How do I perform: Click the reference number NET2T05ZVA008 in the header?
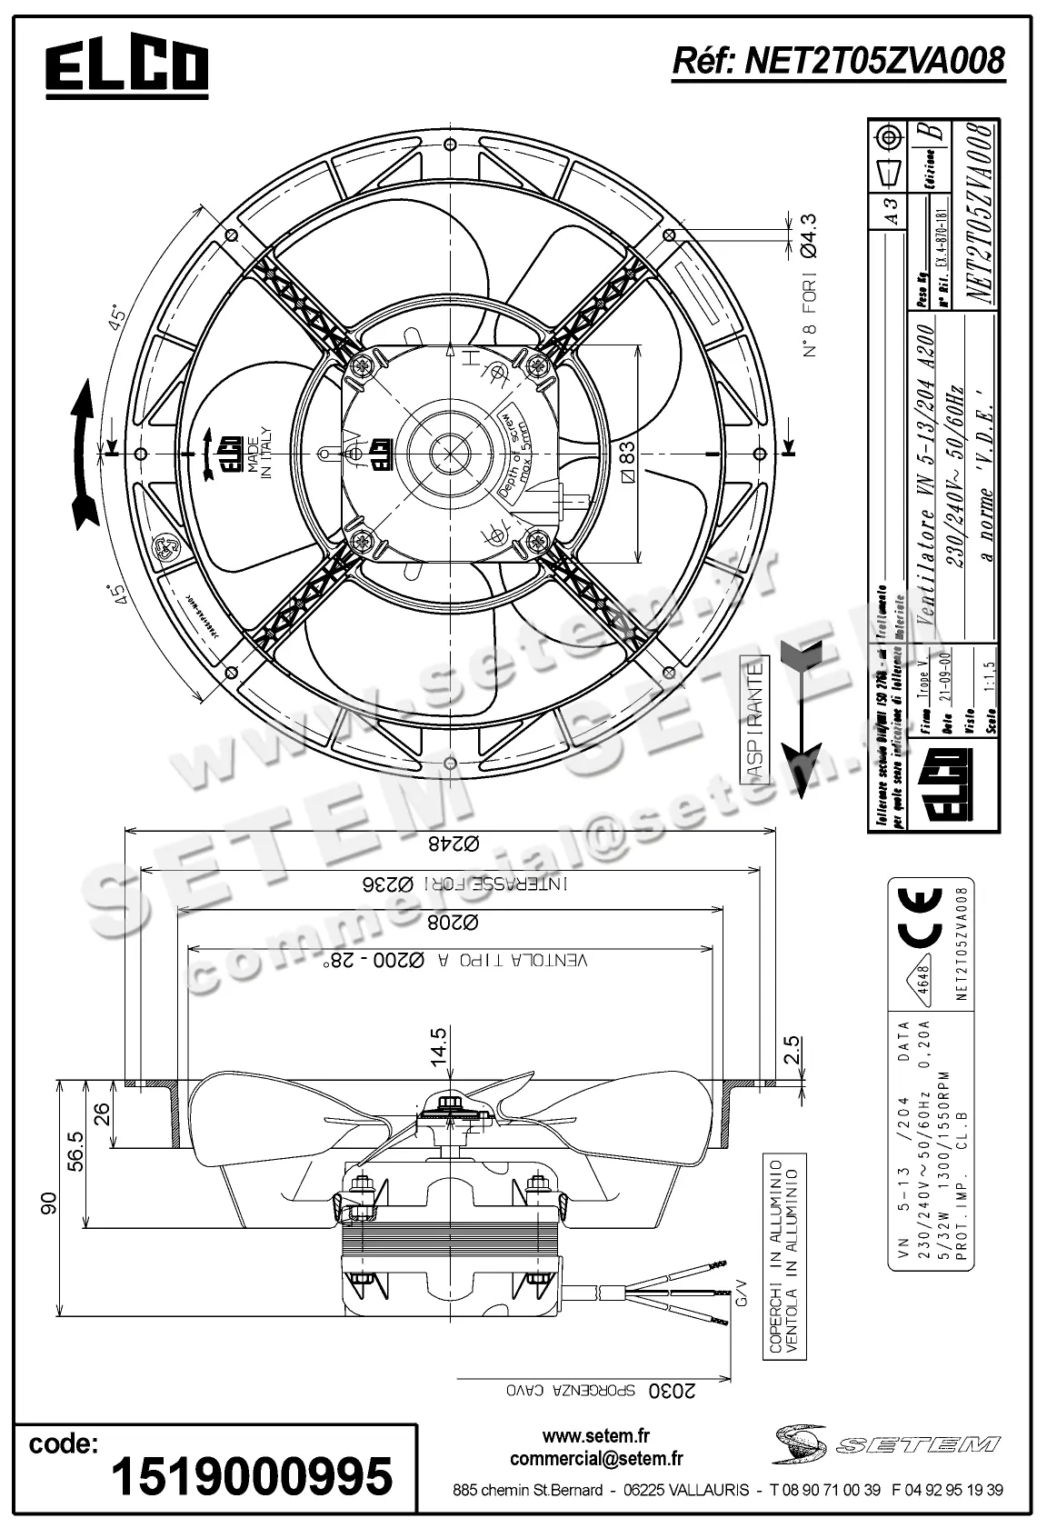point(838,60)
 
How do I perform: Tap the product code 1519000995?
point(252,1474)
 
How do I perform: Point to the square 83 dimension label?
point(627,457)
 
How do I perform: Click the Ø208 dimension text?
point(451,923)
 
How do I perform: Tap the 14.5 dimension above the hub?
point(439,1046)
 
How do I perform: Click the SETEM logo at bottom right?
point(886,1444)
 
